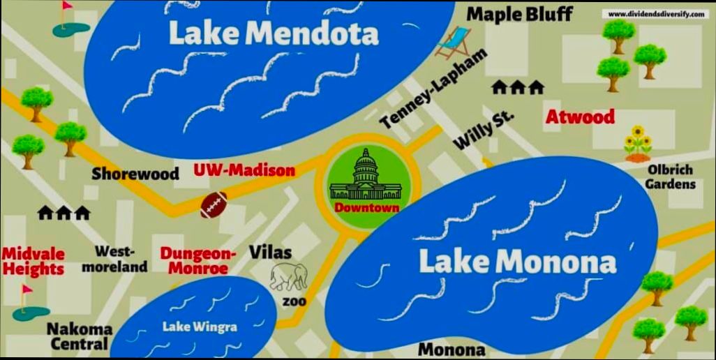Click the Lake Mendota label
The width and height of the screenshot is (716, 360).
[x=274, y=33]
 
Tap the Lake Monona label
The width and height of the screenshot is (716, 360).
[x=517, y=262]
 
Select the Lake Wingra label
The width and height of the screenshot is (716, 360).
[x=200, y=326]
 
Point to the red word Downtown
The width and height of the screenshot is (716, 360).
[x=366, y=207]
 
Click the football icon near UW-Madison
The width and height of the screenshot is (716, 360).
[x=214, y=204]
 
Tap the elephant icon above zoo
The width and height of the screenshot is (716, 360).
[x=288, y=277]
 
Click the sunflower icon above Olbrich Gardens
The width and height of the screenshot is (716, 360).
[x=637, y=142]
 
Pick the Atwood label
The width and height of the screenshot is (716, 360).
[x=580, y=117]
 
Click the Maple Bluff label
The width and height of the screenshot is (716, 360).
[x=520, y=13]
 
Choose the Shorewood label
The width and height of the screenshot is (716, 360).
[x=135, y=174]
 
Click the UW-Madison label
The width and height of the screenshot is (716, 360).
[x=244, y=170]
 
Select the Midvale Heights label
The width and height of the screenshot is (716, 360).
[x=33, y=261]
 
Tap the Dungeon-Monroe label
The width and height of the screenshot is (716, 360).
[x=199, y=260]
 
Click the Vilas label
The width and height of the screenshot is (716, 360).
[x=270, y=252]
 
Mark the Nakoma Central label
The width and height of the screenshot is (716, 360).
[x=80, y=336]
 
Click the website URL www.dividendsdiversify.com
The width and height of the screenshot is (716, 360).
[x=656, y=13]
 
